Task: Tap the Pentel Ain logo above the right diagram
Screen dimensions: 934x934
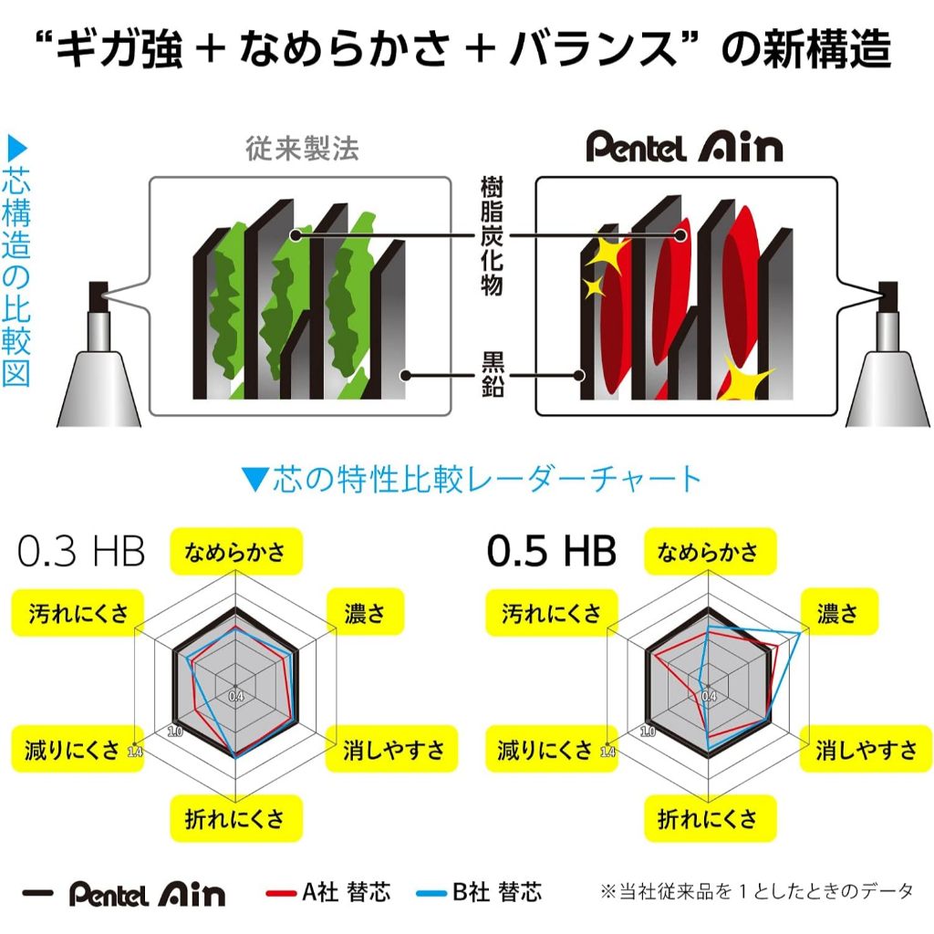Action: pos(684,148)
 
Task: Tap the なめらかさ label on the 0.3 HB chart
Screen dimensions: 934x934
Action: pos(235,551)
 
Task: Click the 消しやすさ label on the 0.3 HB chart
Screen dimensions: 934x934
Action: pos(394,750)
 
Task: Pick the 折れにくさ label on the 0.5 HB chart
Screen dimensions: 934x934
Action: pos(708,818)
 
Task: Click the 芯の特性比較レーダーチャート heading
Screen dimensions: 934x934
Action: pos(472,479)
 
